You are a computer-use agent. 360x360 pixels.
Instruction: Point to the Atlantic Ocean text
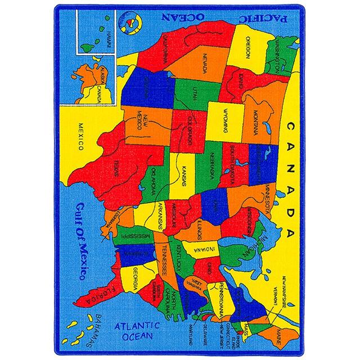[x=135, y=329]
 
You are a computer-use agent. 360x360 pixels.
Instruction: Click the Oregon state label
[x=247, y=48]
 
